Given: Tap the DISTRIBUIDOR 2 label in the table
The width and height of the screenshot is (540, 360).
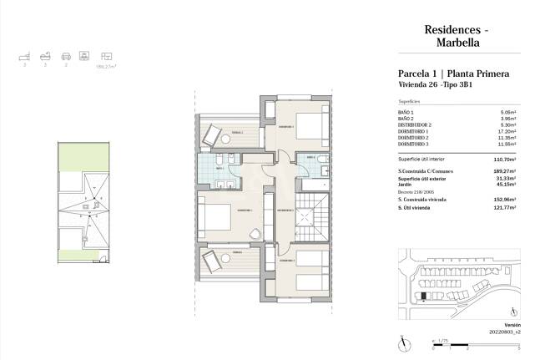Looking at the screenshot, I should tap(417, 125).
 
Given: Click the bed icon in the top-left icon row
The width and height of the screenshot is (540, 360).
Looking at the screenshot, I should tap(24, 56).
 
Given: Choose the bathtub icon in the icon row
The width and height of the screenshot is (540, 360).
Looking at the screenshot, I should tap(44, 56).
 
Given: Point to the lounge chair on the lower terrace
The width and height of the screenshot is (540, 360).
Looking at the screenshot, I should tap(213, 259).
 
